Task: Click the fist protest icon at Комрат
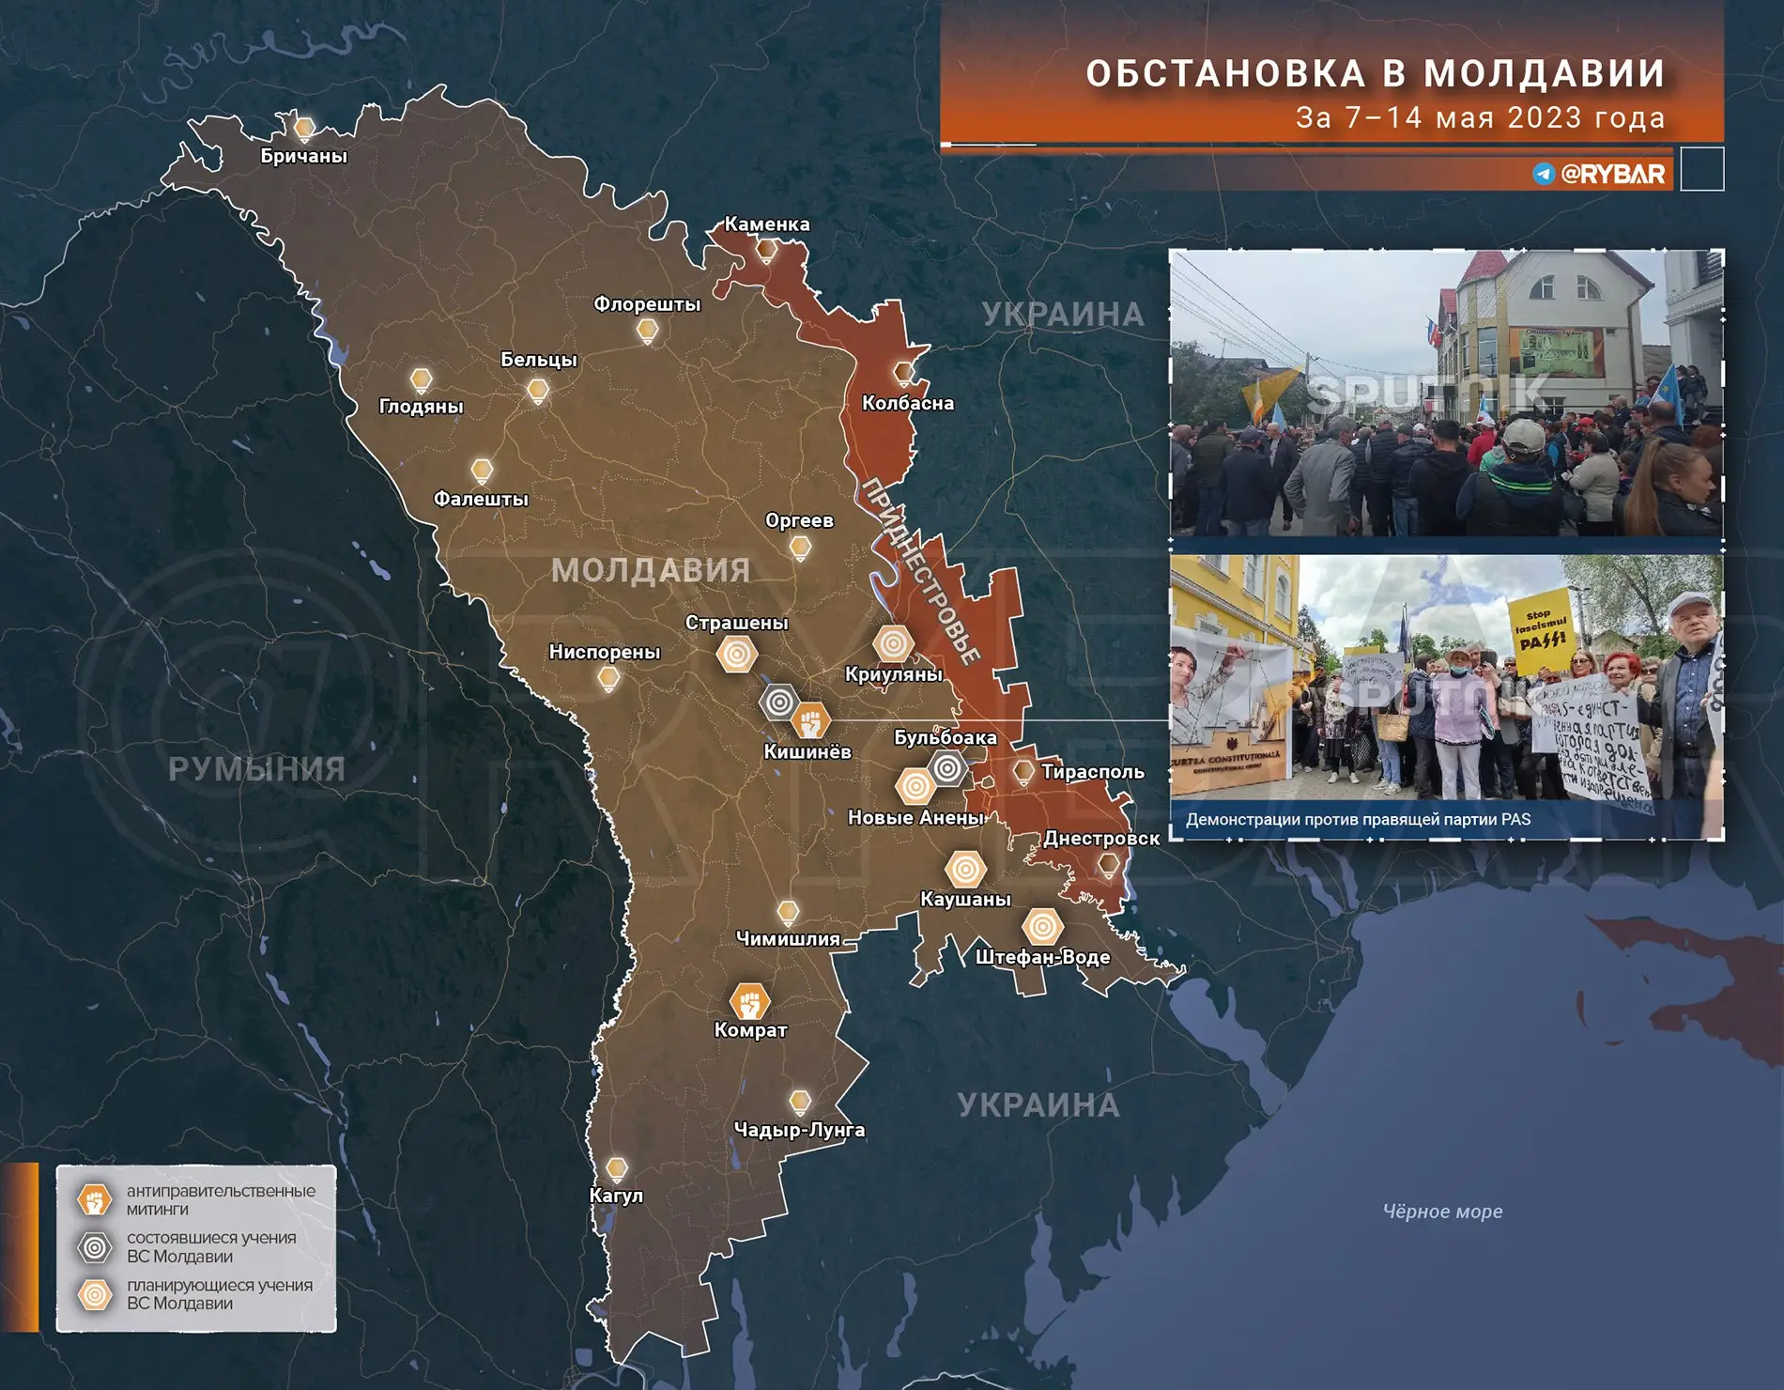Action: click(x=749, y=1002)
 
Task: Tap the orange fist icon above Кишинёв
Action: click(x=810, y=720)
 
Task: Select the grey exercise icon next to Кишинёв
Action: click(x=778, y=702)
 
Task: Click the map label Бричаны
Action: click(x=303, y=156)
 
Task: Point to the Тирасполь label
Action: click(x=1092, y=772)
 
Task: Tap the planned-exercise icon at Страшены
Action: click(x=737, y=654)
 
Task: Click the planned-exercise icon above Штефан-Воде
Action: click(x=1041, y=927)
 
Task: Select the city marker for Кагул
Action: click(x=616, y=1169)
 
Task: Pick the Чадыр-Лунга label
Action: click(x=799, y=1130)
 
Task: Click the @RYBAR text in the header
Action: click(x=1612, y=174)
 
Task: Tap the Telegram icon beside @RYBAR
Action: click(x=1544, y=174)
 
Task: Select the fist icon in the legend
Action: click(x=95, y=1199)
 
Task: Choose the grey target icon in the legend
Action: click(x=95, y=1247)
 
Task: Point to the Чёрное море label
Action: click(x=1442, y=1212)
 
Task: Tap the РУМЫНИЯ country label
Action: click(x=256, y=769)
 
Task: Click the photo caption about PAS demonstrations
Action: click(x=1358, y=819)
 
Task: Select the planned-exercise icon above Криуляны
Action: click(x=893, y=644)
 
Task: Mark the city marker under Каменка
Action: click(x=767, y=250)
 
